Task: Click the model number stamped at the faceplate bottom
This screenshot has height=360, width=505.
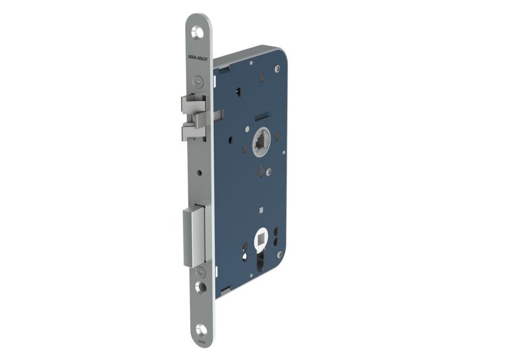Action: pyautogui.click(x=202, y=343)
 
